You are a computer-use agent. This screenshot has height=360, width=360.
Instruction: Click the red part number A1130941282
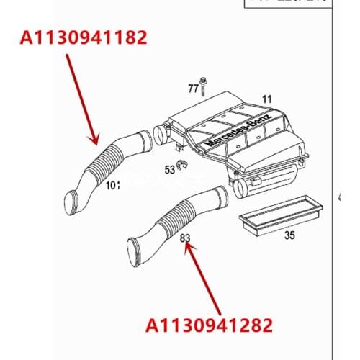tap(210, 325)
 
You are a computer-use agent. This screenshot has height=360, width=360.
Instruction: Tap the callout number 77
tap(192, 89)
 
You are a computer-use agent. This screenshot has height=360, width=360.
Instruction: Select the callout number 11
tap(266, 99)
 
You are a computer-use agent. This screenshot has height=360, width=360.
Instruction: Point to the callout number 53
tap(170, 171)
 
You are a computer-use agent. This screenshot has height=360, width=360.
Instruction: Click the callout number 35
tap(289, 235)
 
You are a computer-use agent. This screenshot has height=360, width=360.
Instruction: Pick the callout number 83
tap(185, 238)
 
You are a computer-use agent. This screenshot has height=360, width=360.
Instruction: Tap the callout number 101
tap(112, 185)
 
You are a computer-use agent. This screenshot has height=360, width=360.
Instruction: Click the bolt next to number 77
tap(204, 86)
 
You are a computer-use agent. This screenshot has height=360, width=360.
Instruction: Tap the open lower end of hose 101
tap(73, 202)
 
